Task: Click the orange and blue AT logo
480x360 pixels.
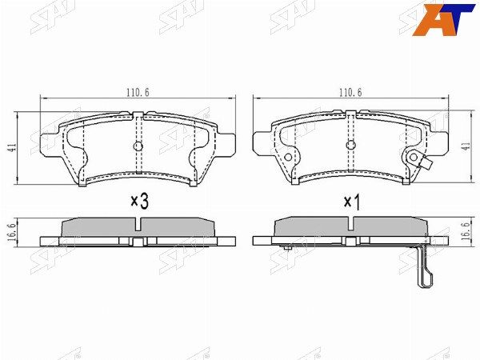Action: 443,20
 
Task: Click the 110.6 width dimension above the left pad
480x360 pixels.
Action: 138,92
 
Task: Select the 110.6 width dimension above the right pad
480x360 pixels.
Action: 350,92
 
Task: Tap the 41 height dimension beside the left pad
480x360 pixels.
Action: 13,148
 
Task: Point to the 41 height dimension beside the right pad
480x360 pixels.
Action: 467,147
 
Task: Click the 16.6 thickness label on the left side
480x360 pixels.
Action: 13,232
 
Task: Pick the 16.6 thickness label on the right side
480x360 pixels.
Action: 467,232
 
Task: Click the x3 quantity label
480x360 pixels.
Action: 139,201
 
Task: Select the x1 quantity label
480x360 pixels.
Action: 352,202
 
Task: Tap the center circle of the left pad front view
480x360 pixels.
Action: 138,146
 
